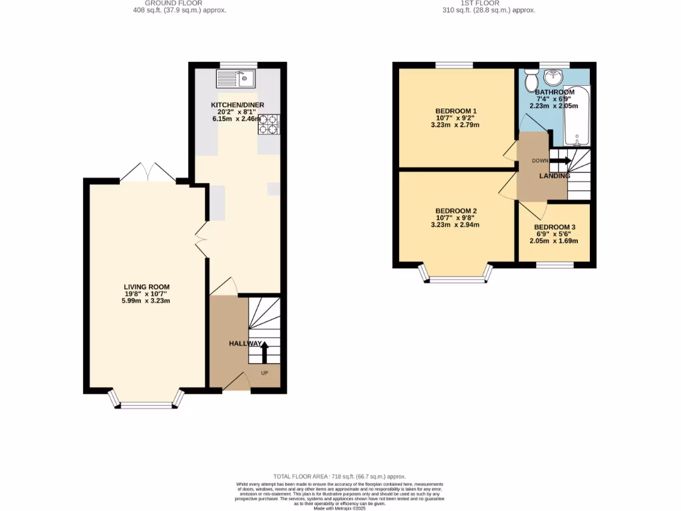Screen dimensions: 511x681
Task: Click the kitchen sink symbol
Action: (x=236, y=80)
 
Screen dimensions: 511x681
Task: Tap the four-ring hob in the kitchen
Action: (x=269, y=124)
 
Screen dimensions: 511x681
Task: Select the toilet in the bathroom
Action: (x=531, y=81)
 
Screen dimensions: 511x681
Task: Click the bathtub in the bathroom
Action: (x=577, y=116)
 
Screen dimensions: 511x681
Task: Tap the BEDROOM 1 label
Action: (x=456, y=111)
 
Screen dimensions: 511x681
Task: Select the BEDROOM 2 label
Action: (x=456, y=211)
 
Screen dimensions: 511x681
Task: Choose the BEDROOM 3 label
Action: (x=554, y=227)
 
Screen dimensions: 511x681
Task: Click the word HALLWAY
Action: (x=245, y=343)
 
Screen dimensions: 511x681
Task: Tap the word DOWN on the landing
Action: (x=539, y=160)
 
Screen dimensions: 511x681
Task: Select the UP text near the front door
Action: (x=264, y=373)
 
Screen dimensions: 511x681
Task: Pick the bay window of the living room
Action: (x=146, y=399)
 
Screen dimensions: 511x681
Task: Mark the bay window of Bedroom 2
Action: (x=456, y=273)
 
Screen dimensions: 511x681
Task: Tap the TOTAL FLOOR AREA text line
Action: (x=340, y=477)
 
